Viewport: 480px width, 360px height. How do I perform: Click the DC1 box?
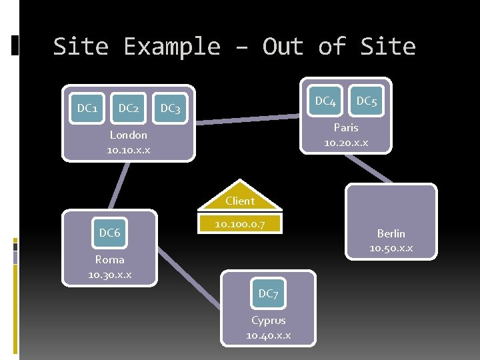[87, 107]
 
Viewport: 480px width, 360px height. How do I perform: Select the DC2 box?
[128, 107]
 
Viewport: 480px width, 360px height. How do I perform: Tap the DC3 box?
[170, 108]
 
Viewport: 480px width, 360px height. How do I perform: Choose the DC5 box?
[366, 101]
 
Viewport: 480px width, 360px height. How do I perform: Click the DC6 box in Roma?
[109, 233]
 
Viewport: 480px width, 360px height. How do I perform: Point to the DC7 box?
[268, 293]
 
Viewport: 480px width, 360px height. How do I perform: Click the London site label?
[128, 135]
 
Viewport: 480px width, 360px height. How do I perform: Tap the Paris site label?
[346, 127]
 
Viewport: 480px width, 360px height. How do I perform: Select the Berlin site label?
[391, 233]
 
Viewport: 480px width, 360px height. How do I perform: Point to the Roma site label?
[109, 260]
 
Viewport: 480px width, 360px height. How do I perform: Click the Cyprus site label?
[268, 320]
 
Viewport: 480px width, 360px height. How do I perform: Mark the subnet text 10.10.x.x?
[128, 150]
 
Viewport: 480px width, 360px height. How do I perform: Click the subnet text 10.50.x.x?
[391, 248]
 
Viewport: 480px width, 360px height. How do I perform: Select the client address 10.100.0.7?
[240, 225]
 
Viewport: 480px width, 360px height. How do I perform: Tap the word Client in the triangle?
[240, 201]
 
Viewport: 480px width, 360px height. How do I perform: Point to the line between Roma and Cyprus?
[189, 279]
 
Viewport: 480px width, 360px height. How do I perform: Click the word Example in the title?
[172, 47]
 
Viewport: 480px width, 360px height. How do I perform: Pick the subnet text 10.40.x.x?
[268, 335]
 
